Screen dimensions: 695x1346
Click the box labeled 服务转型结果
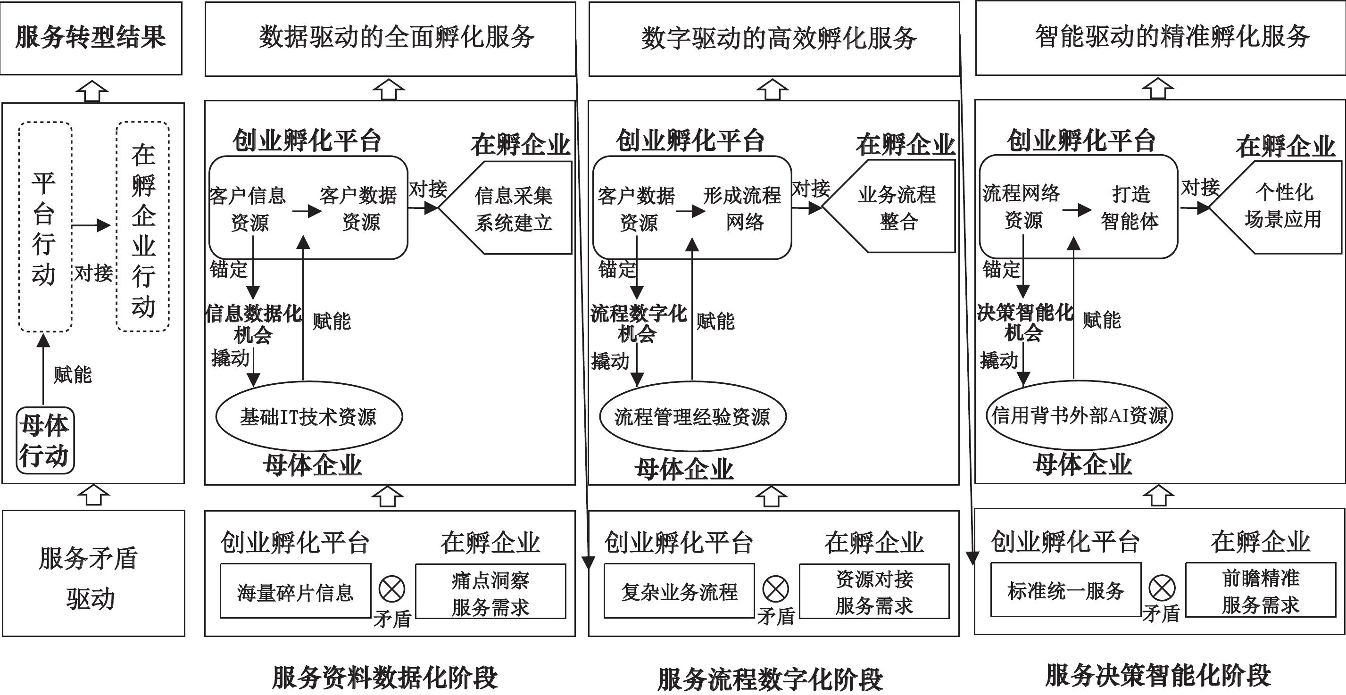pos(91,38)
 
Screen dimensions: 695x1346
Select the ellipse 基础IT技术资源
pos(309,416)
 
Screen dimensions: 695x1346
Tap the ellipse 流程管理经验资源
pos(692,416)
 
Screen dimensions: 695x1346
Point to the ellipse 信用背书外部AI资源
pos(1079,415)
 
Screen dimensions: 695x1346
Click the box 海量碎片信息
pos(295,591)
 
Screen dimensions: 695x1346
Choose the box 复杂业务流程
pos(679,590)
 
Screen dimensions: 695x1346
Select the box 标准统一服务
pos(1065,590)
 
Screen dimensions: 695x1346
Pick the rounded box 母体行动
pos(45,441)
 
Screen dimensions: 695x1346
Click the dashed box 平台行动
pos(45,227)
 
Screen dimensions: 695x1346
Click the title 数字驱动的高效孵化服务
pos(779,38)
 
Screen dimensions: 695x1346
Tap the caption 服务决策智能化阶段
pos(1158,675)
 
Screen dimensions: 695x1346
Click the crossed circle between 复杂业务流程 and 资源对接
pos(775,589)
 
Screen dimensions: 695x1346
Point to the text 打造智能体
pos(1130,207)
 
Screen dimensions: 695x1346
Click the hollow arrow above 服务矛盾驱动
pos(93,496)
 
